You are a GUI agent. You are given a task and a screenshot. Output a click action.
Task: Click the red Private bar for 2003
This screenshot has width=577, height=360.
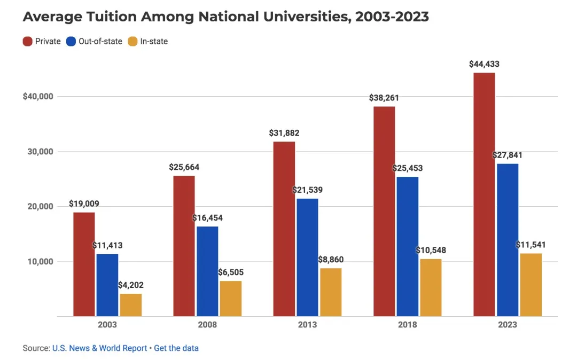[84, 264]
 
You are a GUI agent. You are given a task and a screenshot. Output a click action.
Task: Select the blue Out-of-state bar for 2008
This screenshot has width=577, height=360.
[207, 271]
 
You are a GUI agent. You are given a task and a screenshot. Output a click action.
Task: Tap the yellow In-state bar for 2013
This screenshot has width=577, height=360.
[331, 292]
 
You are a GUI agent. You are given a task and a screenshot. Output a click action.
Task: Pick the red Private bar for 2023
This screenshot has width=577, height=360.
[484, 194]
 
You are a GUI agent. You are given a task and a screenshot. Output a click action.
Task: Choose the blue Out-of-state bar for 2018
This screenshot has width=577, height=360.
[408, 246]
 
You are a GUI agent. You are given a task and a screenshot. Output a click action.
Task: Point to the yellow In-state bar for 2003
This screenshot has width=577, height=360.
[131, 305]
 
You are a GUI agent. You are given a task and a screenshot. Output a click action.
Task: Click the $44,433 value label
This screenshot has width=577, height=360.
[484, 64]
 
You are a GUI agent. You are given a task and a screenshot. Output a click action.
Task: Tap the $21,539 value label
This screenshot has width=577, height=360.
[307, 190]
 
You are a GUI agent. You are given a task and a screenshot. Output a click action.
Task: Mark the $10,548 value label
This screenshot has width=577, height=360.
[431, 250]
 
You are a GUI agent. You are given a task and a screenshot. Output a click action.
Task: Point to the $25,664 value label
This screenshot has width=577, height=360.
[184, 167]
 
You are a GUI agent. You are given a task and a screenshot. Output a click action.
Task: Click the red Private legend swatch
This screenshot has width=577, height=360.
[27, 41]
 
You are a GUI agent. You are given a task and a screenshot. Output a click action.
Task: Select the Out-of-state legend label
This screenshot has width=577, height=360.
[100, 41]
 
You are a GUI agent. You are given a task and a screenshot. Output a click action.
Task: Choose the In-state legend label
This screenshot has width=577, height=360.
[154, 41]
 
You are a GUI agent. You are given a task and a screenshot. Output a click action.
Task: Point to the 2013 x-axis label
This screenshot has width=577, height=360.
[307, 325]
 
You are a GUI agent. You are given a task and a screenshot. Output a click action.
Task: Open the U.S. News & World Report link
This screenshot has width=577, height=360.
[99, 348]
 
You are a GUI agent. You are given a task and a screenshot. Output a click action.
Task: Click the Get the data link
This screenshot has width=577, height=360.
[176, 348]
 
